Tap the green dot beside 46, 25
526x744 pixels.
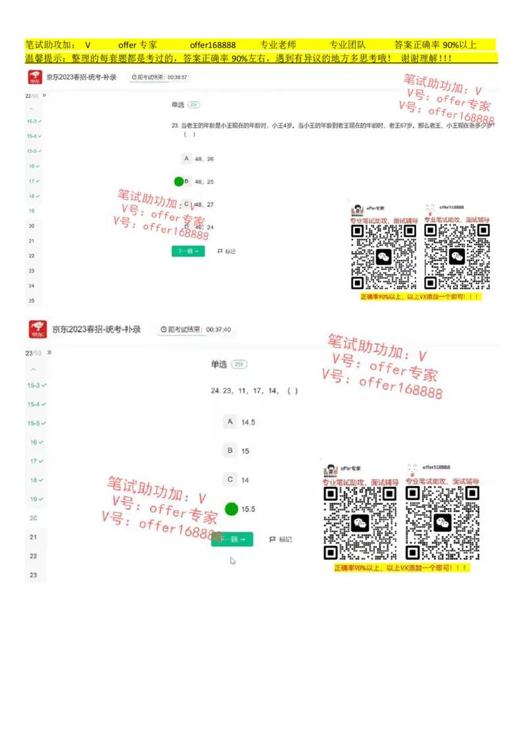179,181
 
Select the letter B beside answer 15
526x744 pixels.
230,451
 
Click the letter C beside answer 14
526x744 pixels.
230,480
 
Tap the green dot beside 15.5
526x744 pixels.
231,509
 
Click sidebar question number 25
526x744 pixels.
32,300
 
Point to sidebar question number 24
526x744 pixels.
32,285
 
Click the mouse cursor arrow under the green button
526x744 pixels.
233,561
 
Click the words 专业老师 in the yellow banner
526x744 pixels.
278,45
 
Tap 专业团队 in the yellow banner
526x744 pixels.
347,45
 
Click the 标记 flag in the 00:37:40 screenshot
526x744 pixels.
281,540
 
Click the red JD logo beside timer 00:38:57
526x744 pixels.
35,78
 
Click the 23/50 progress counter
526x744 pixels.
33,354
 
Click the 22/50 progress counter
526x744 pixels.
32,96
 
